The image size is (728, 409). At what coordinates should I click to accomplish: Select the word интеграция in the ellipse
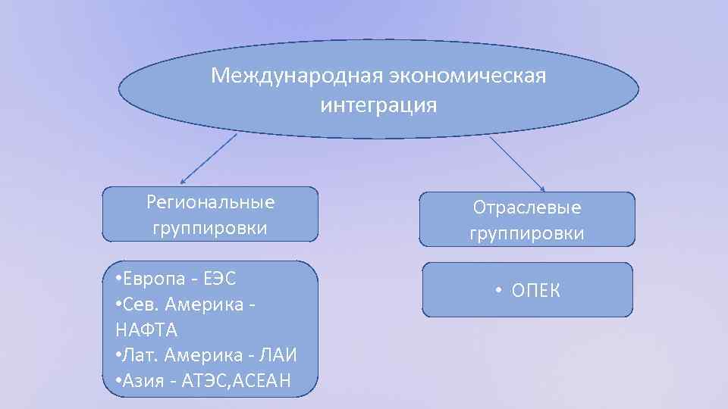pos(378,105)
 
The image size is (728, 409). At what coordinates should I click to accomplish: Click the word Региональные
pos(210,202)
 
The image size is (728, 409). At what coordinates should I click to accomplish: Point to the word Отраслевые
pos(526,207)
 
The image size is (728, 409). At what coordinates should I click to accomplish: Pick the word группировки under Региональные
pos(210,228)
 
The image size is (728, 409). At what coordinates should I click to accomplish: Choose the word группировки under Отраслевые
pos(526,233)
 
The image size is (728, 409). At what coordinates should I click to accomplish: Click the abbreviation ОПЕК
pos(536,289)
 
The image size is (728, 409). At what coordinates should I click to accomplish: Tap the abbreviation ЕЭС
pos(220,278)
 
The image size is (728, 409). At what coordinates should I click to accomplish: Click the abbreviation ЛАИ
pos(278,354)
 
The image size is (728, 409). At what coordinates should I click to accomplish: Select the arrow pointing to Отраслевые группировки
pos(518,164)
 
